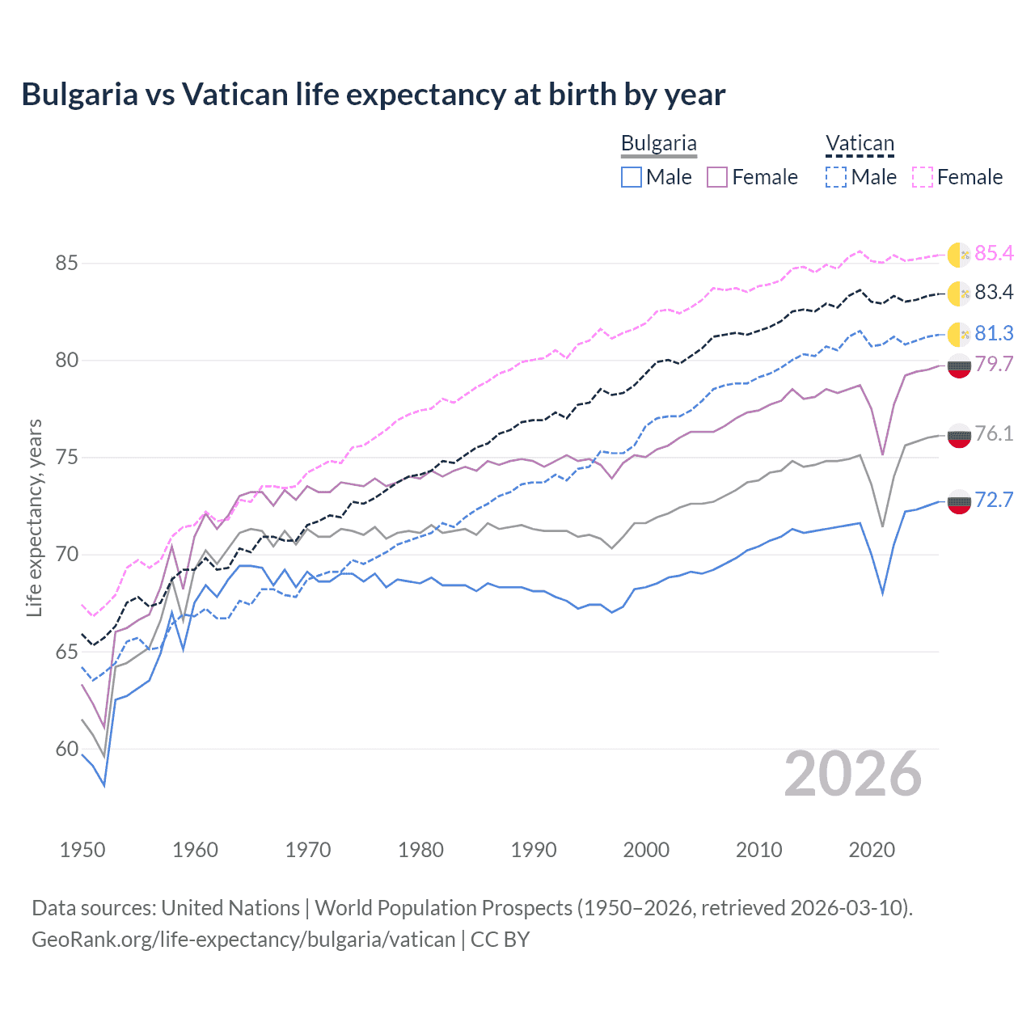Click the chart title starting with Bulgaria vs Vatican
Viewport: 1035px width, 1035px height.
pos(373,95)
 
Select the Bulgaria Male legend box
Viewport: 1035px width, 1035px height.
pos(632,177)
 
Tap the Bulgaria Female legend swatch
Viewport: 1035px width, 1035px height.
pos(717,177)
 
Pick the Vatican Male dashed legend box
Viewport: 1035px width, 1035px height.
pos(836,177)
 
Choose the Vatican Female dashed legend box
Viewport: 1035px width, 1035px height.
pos(923,177)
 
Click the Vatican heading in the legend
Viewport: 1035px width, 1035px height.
pos(860,144)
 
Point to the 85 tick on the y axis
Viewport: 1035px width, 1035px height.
pos(67,264)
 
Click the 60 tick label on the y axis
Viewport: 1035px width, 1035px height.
pos(67,750)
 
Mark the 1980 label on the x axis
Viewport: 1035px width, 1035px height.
pos(420,850)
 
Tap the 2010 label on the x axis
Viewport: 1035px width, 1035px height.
pos(758,850)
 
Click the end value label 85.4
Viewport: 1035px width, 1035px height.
pos(994,254)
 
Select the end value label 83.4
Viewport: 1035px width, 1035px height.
pos(994,293)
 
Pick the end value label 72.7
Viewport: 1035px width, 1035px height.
pos(994,501)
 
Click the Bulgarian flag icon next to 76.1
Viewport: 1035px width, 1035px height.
pos(959,435)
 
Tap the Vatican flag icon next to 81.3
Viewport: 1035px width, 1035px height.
pos(959,334)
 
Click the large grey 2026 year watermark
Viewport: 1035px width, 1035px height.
pos(853,775)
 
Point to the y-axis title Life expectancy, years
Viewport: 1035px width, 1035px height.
pos(35,517)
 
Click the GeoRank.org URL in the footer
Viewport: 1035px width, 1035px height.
pos(243,940)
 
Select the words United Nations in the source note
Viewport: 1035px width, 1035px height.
pos(230,908)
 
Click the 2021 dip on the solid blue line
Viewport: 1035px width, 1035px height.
pos(882,593)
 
